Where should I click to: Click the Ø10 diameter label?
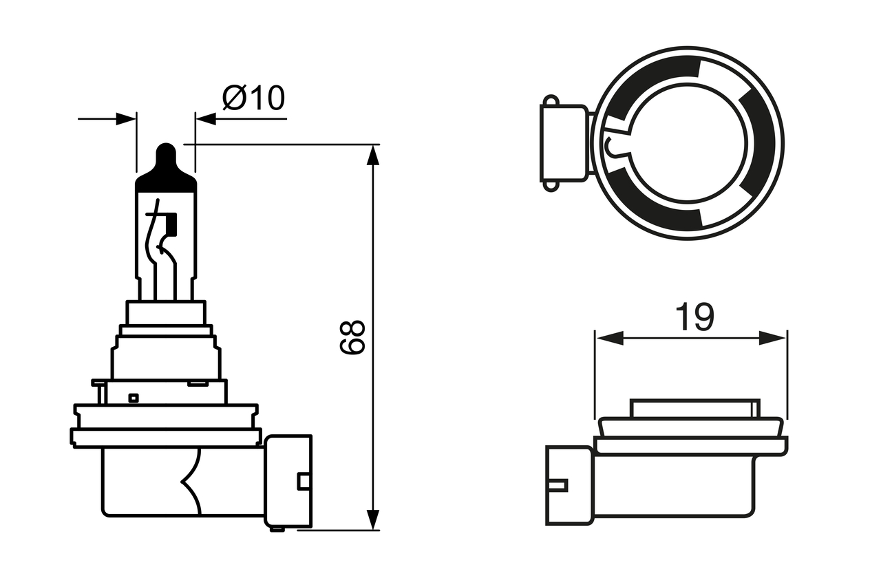point(253,99)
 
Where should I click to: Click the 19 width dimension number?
point(694,317)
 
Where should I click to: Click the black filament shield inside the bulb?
point(171,222)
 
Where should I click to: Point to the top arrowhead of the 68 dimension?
point(373,156)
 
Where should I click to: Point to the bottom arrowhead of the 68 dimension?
point(373,520)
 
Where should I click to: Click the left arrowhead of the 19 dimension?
point(610,338)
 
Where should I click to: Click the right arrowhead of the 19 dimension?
point(772,338)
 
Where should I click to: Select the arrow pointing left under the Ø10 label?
point(206,118)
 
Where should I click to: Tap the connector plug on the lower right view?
point(569,485)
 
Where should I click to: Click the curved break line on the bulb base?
point(191,482)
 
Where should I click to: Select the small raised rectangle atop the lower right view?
point(696,407)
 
